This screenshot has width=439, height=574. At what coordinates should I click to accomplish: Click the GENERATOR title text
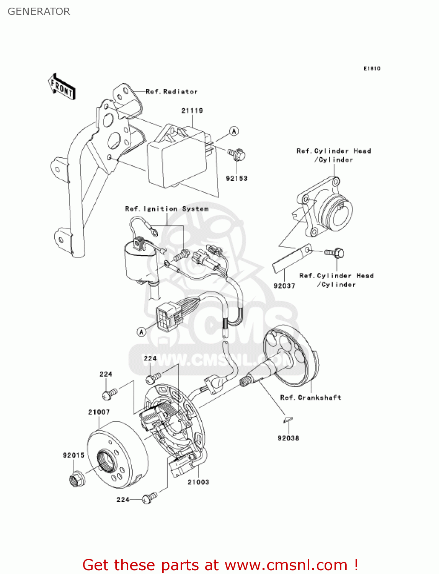pos(39,11)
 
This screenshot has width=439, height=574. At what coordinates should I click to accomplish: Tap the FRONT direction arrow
pos(62,87)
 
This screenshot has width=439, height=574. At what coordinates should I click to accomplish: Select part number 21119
pos(192,111)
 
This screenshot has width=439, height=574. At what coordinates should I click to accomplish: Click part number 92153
pos(237,178)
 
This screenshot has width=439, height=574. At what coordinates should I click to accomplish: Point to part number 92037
pos(284,286)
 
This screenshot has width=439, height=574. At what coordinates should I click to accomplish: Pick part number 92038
pos(288,438)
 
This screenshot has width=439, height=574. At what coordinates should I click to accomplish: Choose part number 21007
pos(99,412)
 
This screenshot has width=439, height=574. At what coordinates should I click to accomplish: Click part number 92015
pos(73,455)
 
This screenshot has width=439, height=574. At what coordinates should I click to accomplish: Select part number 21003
pos(198,482)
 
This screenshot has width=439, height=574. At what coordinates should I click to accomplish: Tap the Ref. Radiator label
pos(171,92)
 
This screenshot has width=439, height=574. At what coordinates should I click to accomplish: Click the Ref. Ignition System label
pos(167,209)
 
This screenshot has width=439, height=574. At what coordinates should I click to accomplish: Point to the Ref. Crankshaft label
pos(310,398)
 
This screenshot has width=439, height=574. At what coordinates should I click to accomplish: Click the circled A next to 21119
pos(234,131)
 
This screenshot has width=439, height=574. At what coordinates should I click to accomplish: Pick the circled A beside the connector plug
pos(142,332)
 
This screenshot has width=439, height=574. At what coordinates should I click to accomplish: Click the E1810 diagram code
pos(372,68)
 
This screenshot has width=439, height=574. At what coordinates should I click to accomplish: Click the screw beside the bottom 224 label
pos(149,498)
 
